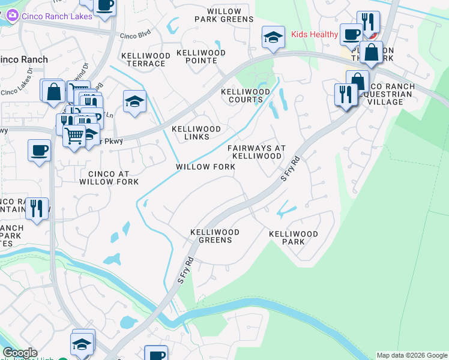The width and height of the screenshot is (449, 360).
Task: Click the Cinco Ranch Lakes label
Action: [x=57, y=16]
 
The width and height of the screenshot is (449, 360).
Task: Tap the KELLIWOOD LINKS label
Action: [x=196, y=133]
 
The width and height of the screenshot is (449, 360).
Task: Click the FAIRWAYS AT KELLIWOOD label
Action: [x=257, y=152]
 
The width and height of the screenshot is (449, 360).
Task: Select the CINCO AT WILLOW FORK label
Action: [x=109, y=177]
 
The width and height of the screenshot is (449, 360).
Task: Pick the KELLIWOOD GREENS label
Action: [x=215, y=236]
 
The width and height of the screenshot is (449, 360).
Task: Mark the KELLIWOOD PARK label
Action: [x=293, y=238]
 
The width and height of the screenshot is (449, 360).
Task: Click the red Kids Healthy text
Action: [x=315, y=34]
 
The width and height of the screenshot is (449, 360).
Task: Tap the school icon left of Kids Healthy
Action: [x=273, y=37]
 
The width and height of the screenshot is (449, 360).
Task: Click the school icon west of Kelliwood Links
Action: [x=134, y=101]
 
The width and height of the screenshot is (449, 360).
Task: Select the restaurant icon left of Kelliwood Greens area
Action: [x=38, y=209]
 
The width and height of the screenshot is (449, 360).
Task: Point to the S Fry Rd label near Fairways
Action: [x=290, y=170]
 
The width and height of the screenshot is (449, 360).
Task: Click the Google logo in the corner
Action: [x=20, y=353]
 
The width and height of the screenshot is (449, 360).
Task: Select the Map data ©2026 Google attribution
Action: [x=411, y=355]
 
